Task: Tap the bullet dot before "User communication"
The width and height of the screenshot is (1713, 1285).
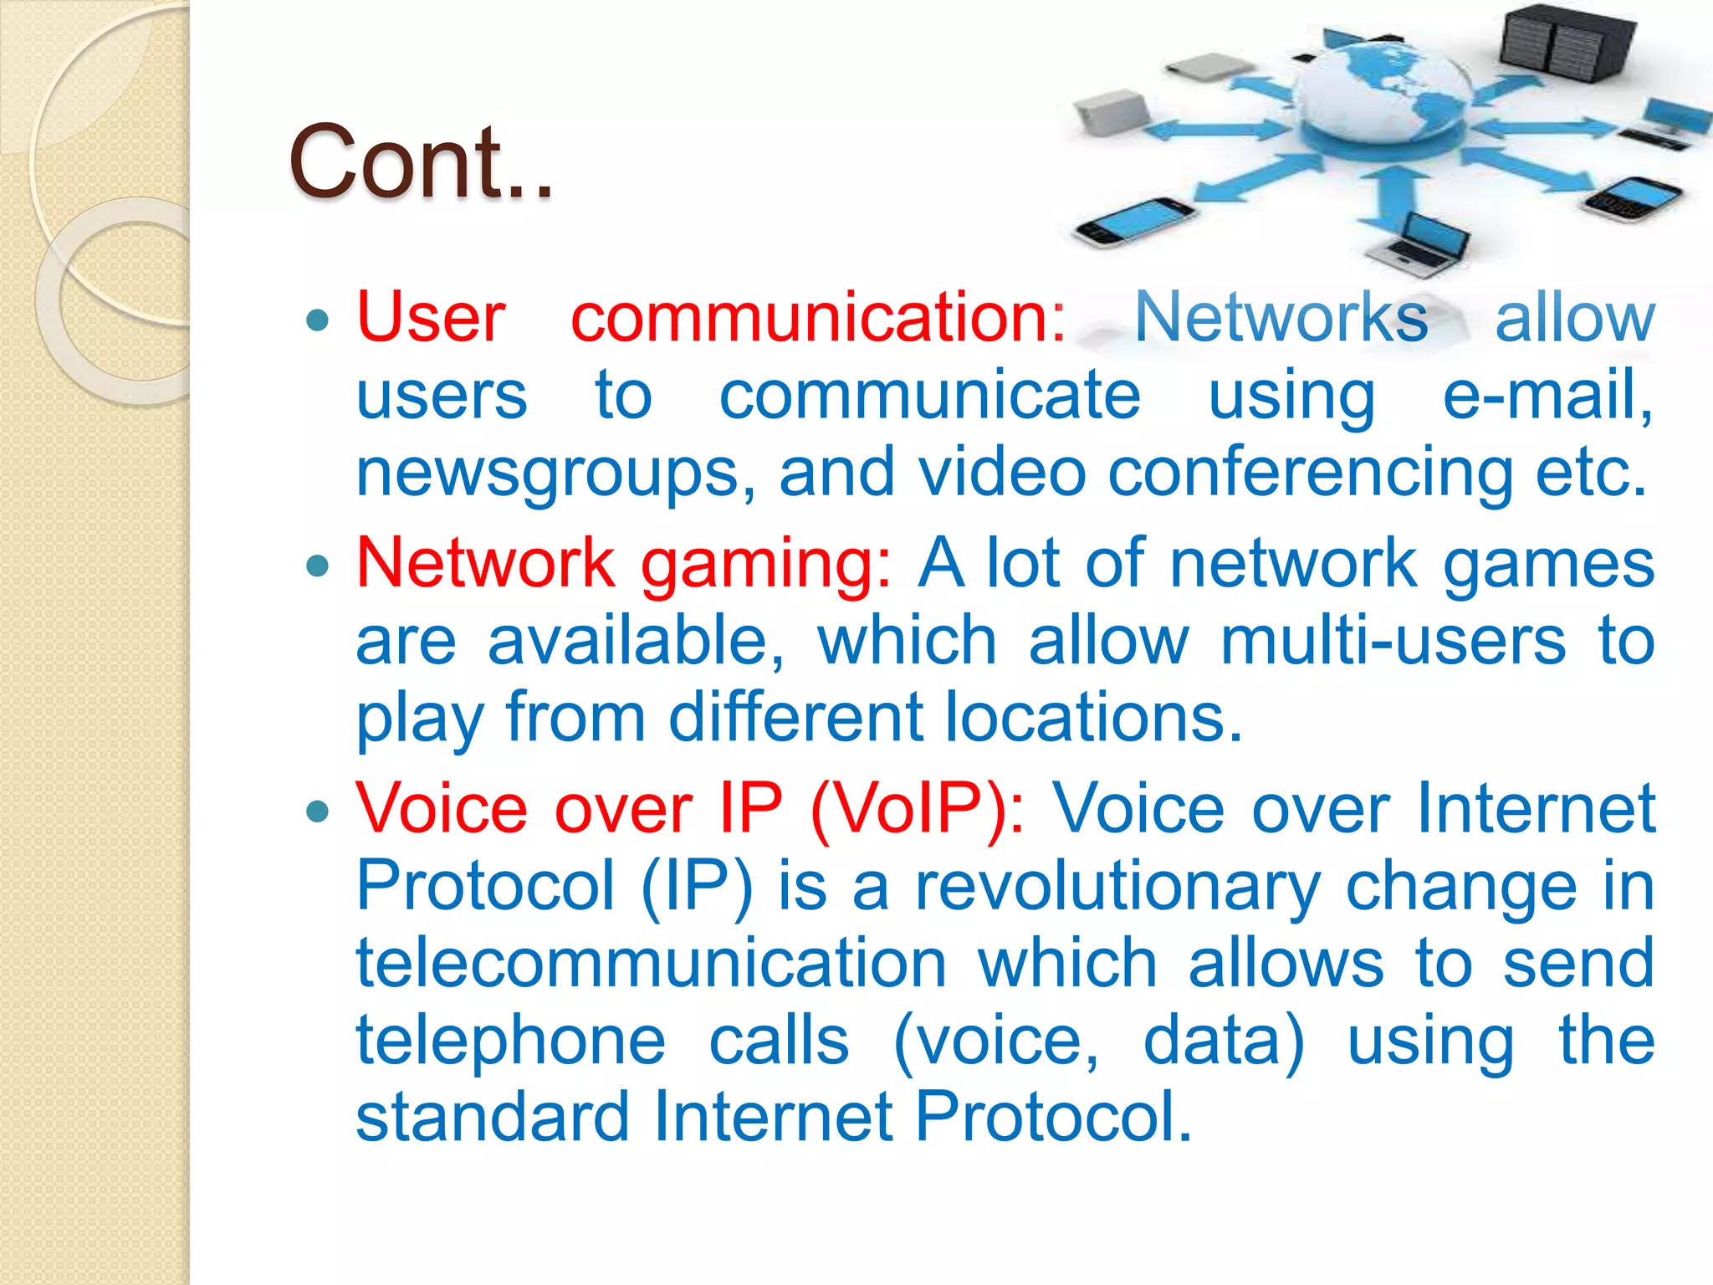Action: pos(318,320)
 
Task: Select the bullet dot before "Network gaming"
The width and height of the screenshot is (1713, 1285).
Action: pos(318,566)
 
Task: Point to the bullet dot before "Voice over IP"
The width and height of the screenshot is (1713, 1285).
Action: pos(318,811)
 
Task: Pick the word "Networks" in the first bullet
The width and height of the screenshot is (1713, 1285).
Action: pos(1281,318)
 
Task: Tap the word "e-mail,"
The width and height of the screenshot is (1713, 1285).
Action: pos(1547,395)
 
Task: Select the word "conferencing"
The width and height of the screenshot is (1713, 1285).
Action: pos(1310,474)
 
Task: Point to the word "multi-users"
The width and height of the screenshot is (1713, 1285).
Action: pos(1393,641)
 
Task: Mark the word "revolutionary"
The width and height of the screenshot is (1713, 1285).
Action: pos(1117,887)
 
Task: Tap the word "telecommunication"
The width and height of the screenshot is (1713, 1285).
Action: pos(651,964)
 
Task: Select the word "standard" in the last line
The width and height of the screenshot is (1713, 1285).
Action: pos(492,1117)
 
